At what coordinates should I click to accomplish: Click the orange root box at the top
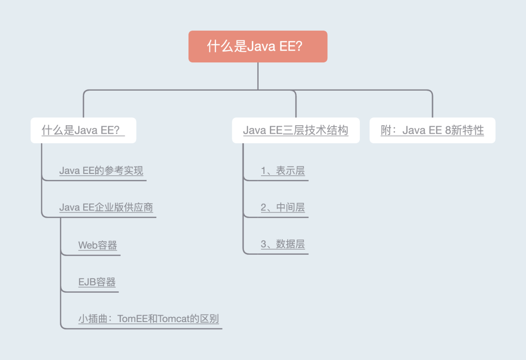tap(258, 47)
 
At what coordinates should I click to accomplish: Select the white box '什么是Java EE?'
tap(83, 131)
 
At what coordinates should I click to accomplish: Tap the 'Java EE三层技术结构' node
tap(296, 131)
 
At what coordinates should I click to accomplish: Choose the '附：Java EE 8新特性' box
tap(432, 131)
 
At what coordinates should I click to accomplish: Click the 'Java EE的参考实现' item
tap(101, 171)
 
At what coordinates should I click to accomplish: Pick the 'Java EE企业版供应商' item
tap(106, 208)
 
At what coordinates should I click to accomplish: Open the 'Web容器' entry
tap(97, 246)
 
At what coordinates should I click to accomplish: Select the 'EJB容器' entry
tap(97, 283)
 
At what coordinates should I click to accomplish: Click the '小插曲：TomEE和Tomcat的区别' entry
tap(149, 320)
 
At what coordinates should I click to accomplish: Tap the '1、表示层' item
tap(282, 171)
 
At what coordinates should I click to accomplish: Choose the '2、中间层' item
tap(282, 208)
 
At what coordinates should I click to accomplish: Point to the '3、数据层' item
tap(282, 245)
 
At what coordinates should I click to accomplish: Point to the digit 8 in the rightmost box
tap(448, 131)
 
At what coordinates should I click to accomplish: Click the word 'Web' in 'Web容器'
tap(88, 246)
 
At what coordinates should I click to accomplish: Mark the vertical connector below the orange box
tap(258, 76)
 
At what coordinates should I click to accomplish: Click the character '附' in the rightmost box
tap(386, 131)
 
